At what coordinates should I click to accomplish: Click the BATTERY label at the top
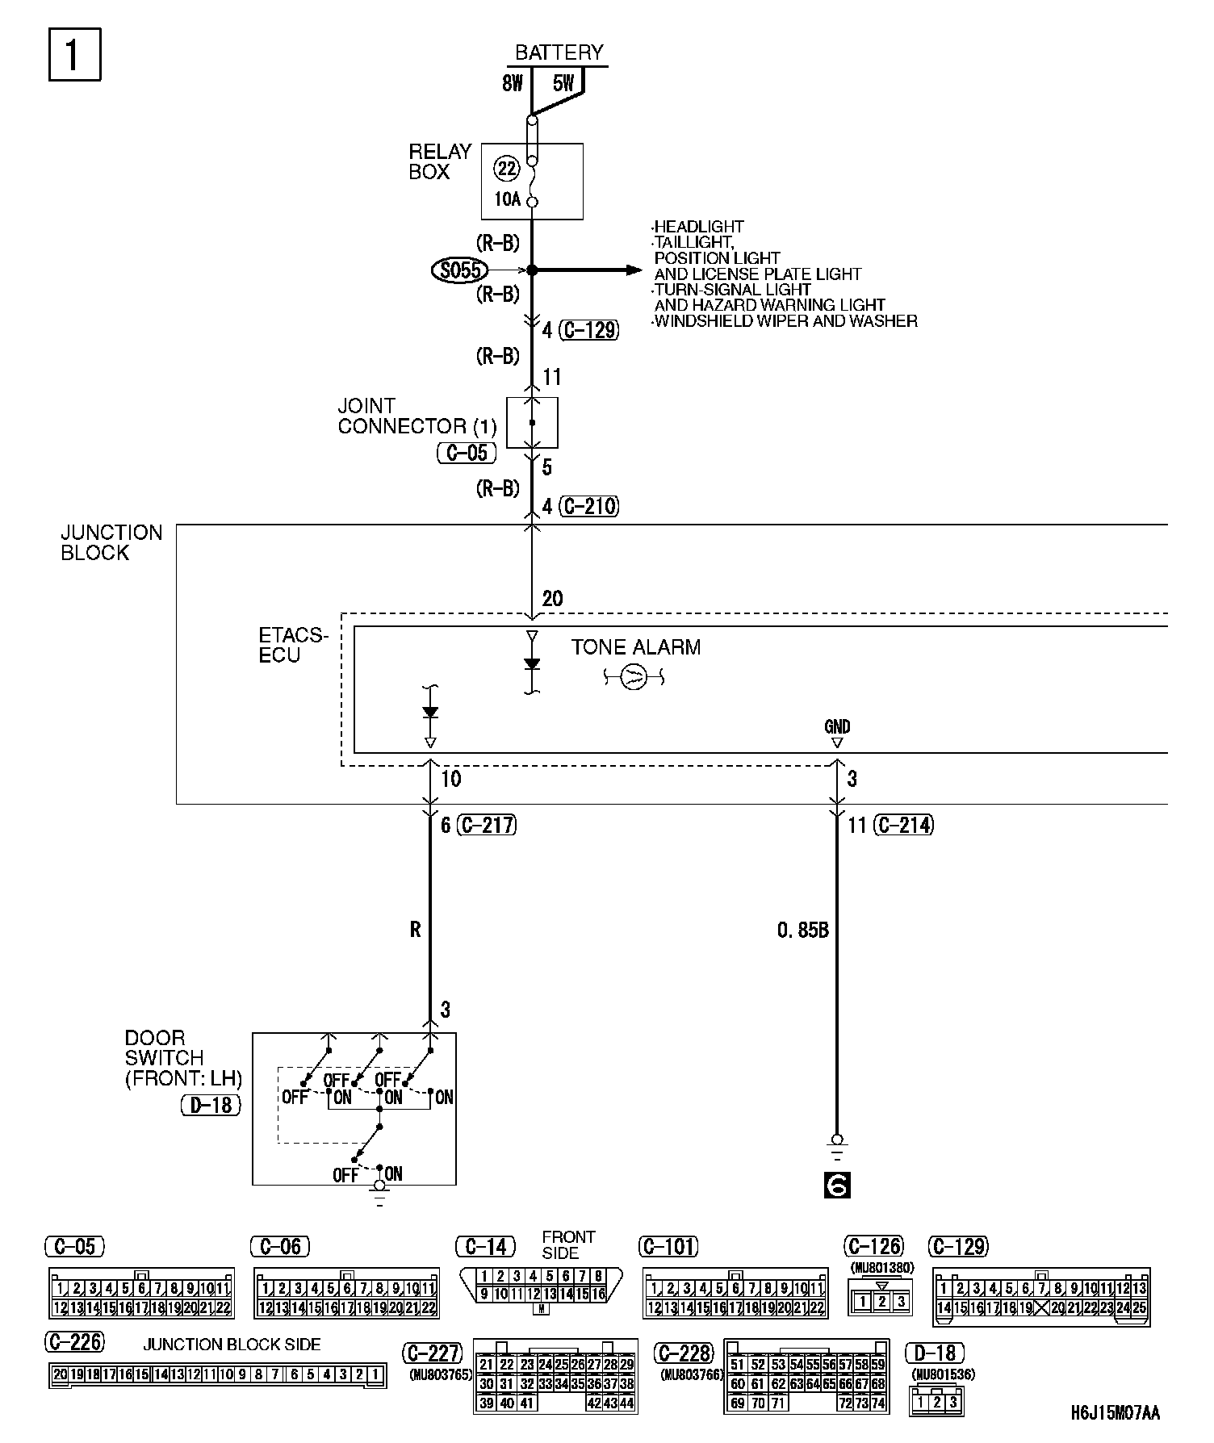pyautogui.click(x=559, y=53)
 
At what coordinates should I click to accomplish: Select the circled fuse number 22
pyautogui.click(x=507, y=169)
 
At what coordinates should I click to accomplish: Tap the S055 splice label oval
pyautogui.click(x=461, y=270)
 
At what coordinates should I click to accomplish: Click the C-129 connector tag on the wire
pyautogui.click(x=590, y=330)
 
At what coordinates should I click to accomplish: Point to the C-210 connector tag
pyautogui.click(x=590, y=507)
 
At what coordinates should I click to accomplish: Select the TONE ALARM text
pyautogui.click(x=636, y=647)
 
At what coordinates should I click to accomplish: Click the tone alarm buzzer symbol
pyautogui.click(x=634, y=678)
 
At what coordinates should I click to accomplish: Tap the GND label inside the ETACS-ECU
pyautogui.click(x=837, y=726)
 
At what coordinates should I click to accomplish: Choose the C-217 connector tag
pyautogui.click(x=487, y=825)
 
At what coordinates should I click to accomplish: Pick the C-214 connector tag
pyautogui.click(x=903, y=825)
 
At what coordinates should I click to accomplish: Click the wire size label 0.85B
pyautogui.click(x=803, y=931)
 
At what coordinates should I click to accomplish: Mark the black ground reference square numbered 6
pyautogui.click(x=837, y=1186)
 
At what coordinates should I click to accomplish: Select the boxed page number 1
pyautogui.click(x=74, y=55)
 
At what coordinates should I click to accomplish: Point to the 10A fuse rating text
pyautogui.click(x=507, y=199)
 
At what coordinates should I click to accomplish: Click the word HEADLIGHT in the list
pyautogui.click(x=699, y=227)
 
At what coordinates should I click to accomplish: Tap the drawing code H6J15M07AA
pyautogui.click(x=1115, y=1413)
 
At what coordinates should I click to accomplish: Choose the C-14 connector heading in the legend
pyautogui.click(x=486, y=1247)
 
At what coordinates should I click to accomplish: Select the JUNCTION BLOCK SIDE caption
pyautogui.click(x=232, y=1345)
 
